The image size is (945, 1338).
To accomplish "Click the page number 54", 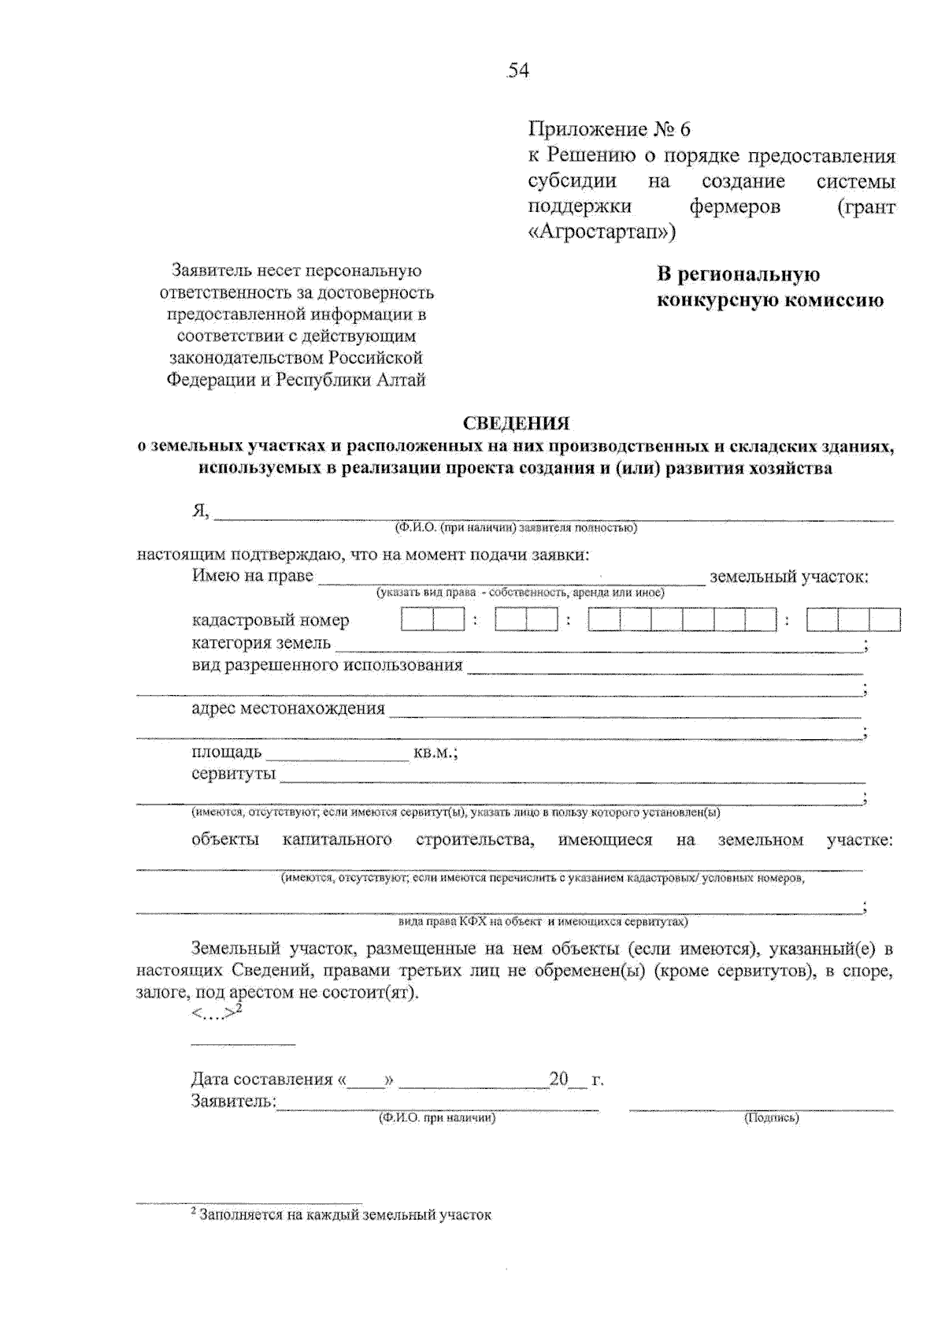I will point(518,71).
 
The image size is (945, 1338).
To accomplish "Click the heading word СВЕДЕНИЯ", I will point(516,424).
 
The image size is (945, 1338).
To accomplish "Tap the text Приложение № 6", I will point(609,129).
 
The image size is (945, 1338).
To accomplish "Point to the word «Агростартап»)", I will point(602,232).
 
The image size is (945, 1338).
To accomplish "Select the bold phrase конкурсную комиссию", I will point(770,300).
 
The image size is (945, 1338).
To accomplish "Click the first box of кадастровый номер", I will point(417,619).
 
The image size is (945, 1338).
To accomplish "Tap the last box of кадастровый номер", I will point(884,619).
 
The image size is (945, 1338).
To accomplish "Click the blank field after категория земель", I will point(598,645).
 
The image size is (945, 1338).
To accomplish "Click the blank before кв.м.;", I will point(336,754).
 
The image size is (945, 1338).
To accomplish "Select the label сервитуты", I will point(233,774).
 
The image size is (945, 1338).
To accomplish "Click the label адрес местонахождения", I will point(288,708).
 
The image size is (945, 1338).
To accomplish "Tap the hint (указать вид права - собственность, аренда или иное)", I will point(520,593).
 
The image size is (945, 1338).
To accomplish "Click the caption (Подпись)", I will point(771,1117).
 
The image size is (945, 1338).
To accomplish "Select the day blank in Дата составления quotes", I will point(364,1080).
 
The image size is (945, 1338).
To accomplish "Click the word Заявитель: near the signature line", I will point(233,1101).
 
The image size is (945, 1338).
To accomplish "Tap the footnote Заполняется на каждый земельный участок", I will point(344,1215).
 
